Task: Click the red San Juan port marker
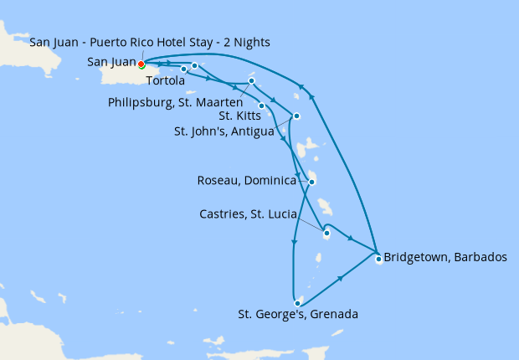point(141,64)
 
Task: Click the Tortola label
point(165,81)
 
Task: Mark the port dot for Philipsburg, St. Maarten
point(251,81)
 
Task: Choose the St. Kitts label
point(238,116)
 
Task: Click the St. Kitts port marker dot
point(262,105)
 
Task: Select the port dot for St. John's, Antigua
point(295,116)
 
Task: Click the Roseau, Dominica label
point(246,181)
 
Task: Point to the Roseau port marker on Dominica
point(311,182)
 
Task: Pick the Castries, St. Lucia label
point(248,214)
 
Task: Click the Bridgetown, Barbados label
point(444,257)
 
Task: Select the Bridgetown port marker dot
point(378,258)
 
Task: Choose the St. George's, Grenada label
point(298,315)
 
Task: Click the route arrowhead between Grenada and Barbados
point(340,278)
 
